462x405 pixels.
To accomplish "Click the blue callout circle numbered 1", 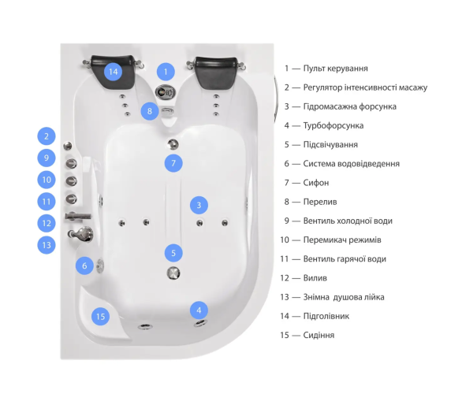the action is click(x=166, y=72).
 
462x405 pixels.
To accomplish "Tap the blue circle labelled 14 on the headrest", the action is click(x=114, y=72).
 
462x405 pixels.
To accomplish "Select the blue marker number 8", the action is click(x=150, y=111).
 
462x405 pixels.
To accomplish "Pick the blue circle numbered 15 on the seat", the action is click(x=100, y=316).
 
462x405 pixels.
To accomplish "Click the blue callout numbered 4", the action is click(x=199, y=310).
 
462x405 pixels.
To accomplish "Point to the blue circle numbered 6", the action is click(x=84, y=266).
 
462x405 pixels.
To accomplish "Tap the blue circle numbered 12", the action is click(x=47, y=223).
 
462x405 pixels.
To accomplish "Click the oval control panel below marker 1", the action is click(x=166, y=92).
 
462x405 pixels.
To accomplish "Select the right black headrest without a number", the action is click(x=217, y=72).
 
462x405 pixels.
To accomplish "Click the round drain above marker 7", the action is click(x=173, y=144).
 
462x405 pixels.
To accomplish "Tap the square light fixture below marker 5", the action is click(x=173, y=273).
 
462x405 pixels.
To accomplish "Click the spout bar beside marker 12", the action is click(x=78, y=217).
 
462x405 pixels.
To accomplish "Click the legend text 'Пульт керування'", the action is click(x=335, y=69).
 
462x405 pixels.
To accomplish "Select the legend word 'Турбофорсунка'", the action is click(x=333, y=125).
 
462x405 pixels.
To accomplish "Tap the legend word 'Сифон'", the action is click(x=316, y=183).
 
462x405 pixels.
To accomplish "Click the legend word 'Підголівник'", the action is click(x=326, y=316).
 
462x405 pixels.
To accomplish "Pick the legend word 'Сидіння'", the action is click(x=319, y=335).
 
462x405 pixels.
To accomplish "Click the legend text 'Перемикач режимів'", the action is click(x=342, y=240).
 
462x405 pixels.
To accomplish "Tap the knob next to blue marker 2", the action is click(x=68, y=146).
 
